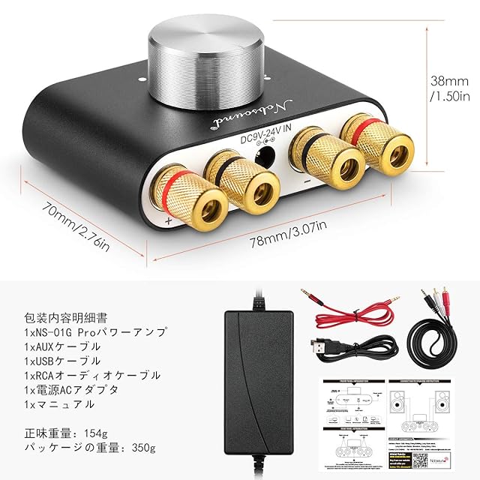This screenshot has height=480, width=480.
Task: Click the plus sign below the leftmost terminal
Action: coord(168,221)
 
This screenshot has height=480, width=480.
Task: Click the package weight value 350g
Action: coord(142,448)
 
